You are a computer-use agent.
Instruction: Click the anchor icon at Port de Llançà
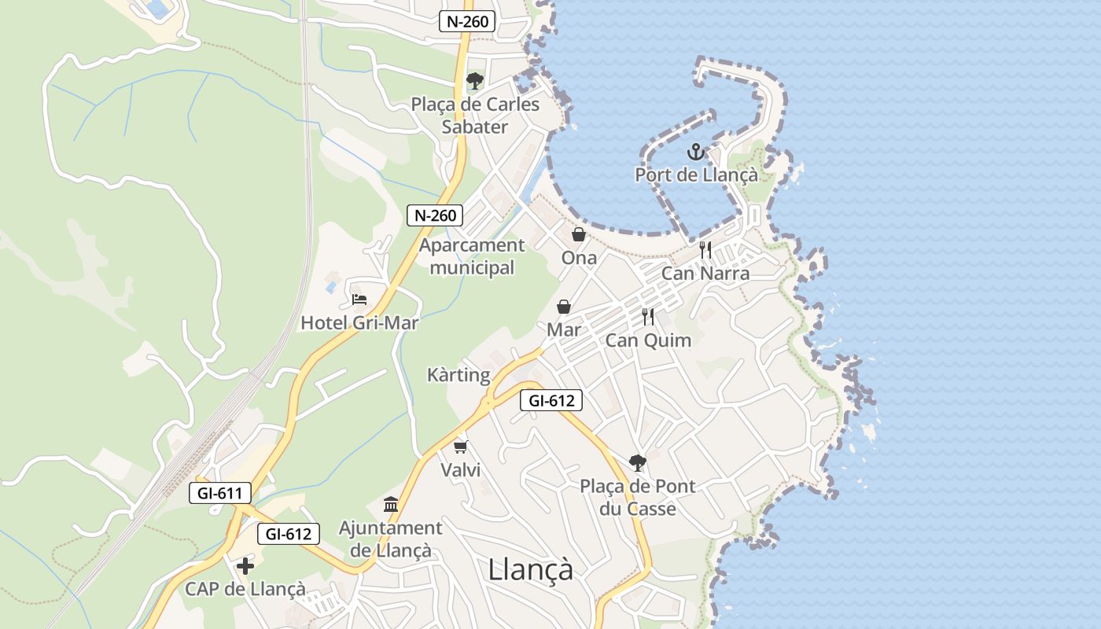coord(694,152)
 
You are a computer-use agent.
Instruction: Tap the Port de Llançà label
coord(696,175)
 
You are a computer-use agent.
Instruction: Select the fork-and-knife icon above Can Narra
coord(705,250)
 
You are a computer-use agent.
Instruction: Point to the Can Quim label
coord(648,340)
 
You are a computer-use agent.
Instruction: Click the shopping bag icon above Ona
coord(579,234)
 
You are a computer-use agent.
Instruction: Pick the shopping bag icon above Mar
coord(564,306)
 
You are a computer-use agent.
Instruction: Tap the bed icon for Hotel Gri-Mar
coord(359,300)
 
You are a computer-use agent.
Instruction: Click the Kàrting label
coord(458,374)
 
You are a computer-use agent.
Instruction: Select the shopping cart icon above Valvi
coord(460,447)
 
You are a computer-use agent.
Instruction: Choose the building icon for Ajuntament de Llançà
coord(391,504)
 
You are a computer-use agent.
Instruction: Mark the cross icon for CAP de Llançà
coord(245,565)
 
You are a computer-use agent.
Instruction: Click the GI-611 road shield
coord(220,494)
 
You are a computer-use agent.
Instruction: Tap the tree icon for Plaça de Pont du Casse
coord(638,462)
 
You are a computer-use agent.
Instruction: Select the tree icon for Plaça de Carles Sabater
coord(474,80)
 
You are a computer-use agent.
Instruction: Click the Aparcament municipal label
coord(472,256)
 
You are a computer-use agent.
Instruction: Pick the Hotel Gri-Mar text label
coord(359,322)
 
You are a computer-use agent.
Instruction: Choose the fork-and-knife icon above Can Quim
coord(648,317)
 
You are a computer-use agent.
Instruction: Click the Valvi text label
coord(460,470)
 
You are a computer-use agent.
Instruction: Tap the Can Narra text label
coord(705,274)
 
